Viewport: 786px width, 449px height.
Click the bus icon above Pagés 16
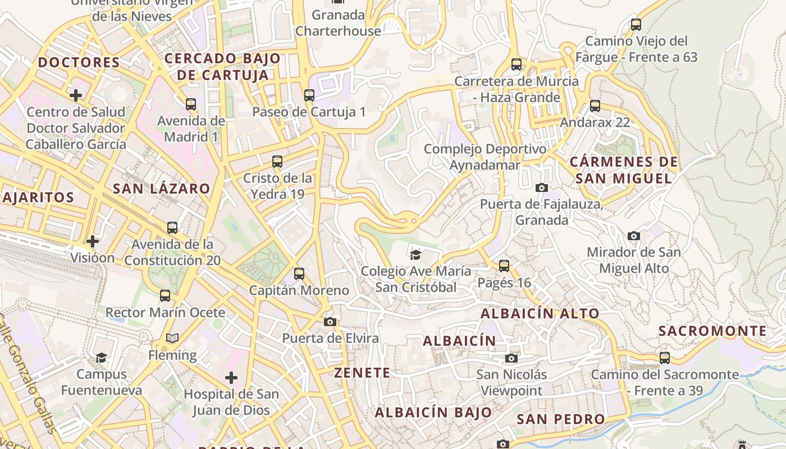[x=504, y=266]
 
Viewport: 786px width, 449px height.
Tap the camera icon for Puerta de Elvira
[x=330, y=322]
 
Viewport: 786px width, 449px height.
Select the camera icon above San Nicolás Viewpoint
[x=511, y=358]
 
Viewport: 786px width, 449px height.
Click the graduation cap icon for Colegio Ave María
[x=415, y=255]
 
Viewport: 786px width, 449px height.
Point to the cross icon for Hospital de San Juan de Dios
[x=231, y=377]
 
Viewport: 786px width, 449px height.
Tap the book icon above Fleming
[x=172, y=338]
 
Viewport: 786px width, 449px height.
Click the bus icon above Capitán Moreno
[x=299, y=274]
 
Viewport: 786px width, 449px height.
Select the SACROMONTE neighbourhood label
[x=712, y=331]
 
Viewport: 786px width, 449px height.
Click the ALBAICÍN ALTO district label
[x=540, y=314]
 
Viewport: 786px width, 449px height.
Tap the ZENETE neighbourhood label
[x=362, y=373]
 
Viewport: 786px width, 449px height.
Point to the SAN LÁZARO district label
[x=161, y=189]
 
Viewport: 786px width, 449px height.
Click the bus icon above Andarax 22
[x=595, y=106]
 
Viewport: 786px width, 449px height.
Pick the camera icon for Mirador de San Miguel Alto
[x=633, y=236]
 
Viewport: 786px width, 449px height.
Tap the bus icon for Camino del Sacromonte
[x=665, y=358]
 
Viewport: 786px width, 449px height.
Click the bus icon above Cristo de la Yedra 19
[x=277, y=162]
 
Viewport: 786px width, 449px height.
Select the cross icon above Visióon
[x=93, y=241]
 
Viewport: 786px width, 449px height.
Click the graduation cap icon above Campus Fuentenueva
[x=101, y=358]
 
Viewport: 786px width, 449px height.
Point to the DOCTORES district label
[x=79, y=62]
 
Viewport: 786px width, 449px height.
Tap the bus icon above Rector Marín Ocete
[x=165, y=295]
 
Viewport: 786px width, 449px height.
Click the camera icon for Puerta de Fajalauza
[x=541, y=187]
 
